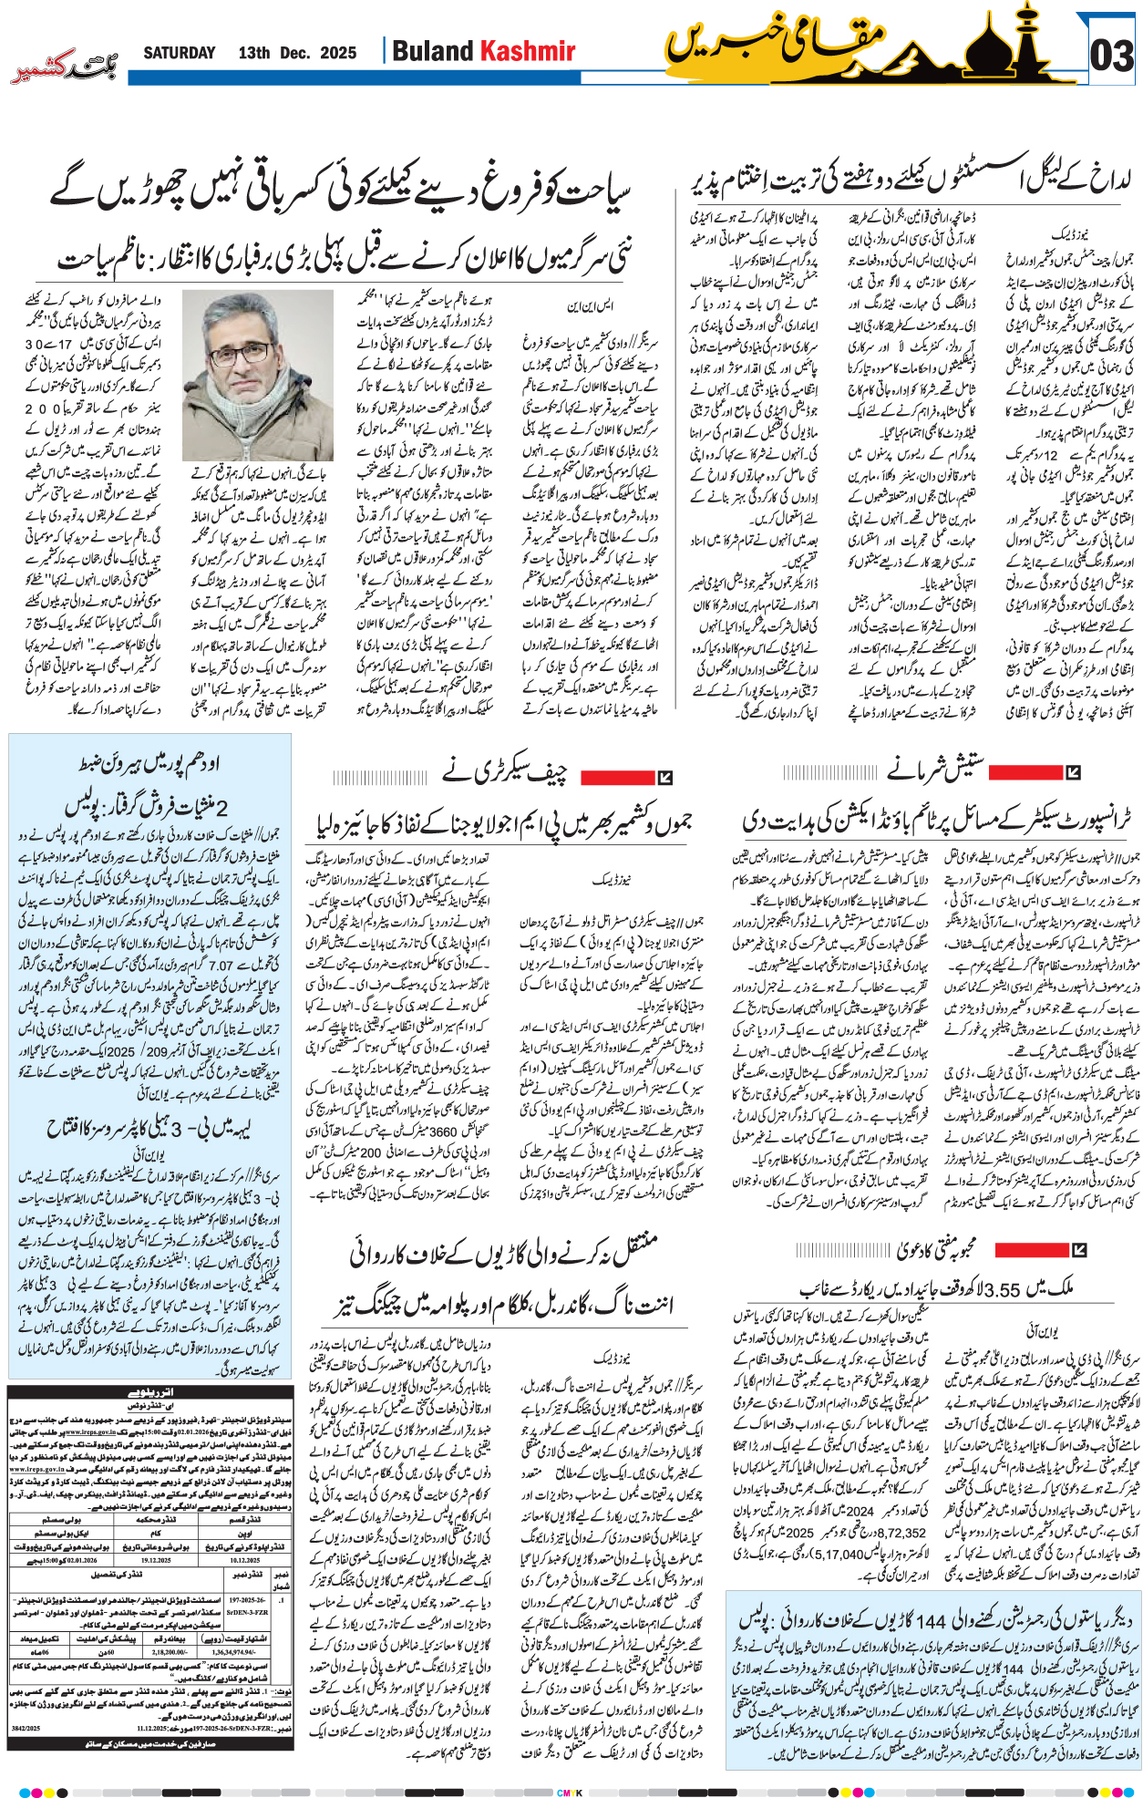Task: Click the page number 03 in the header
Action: [1112, 56]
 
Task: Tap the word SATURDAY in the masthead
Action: [180, 53]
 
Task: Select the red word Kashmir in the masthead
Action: [529, 51]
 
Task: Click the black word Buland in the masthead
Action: [433, 51]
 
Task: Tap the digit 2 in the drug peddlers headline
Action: [221, 806]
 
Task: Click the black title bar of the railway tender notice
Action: [149, 1392]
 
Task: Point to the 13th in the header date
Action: [254, 53]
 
